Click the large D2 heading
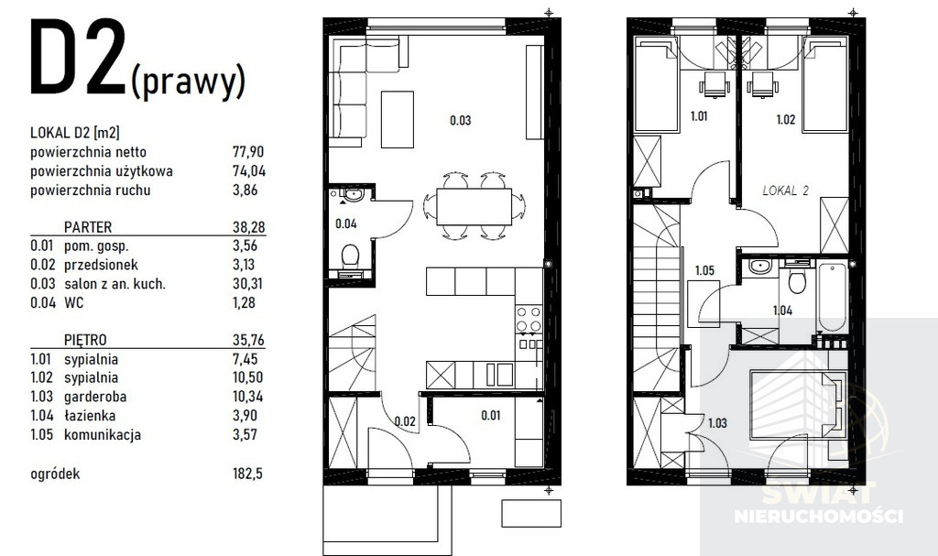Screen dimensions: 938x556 pyautogui.click(x=78, y=58)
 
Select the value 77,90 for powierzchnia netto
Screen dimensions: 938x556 pyautogui.click(x=248, y=152)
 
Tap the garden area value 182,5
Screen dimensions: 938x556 pyautogui.click(x=247, y=474)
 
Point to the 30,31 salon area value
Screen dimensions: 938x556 pyautogui.click(x=248, y=284)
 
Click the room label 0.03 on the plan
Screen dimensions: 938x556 pyautogui.click(x=461, y=120)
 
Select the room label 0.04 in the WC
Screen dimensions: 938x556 pyautogui.click(x=345, y=223)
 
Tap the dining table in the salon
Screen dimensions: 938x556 pyautogui.click(x=474, y=207)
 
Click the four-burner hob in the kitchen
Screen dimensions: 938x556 pyautogui.click(x=529, y=319)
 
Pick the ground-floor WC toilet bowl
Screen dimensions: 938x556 pyautogui.click(x=349, y=256)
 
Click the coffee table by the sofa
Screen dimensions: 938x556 pyautogui.click(x=398, y=119)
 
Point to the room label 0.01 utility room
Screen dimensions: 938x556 pyautogui.click(x=491, y=415)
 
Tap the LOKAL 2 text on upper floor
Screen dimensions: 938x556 pyautogui.click(x=785, y=191)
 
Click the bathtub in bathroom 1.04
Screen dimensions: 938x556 pyautogui.click(x=832, y=296)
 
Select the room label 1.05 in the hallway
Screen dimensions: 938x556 pyautogui.click(x=704, y=270)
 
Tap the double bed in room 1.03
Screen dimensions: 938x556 pyautogui.click(x=798, y=405)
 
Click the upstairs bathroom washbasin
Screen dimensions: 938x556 pyautogui.click(x=758, y=266)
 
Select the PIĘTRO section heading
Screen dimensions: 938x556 pyautogui.click(x=85, y=340)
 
